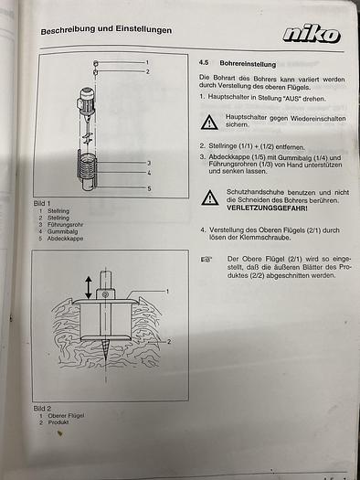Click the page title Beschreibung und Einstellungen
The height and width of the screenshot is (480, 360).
[106, 30]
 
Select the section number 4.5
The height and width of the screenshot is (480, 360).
[205, 64]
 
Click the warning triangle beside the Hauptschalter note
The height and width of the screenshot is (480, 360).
[210, 122]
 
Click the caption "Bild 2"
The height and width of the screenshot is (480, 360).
[43, 409]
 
